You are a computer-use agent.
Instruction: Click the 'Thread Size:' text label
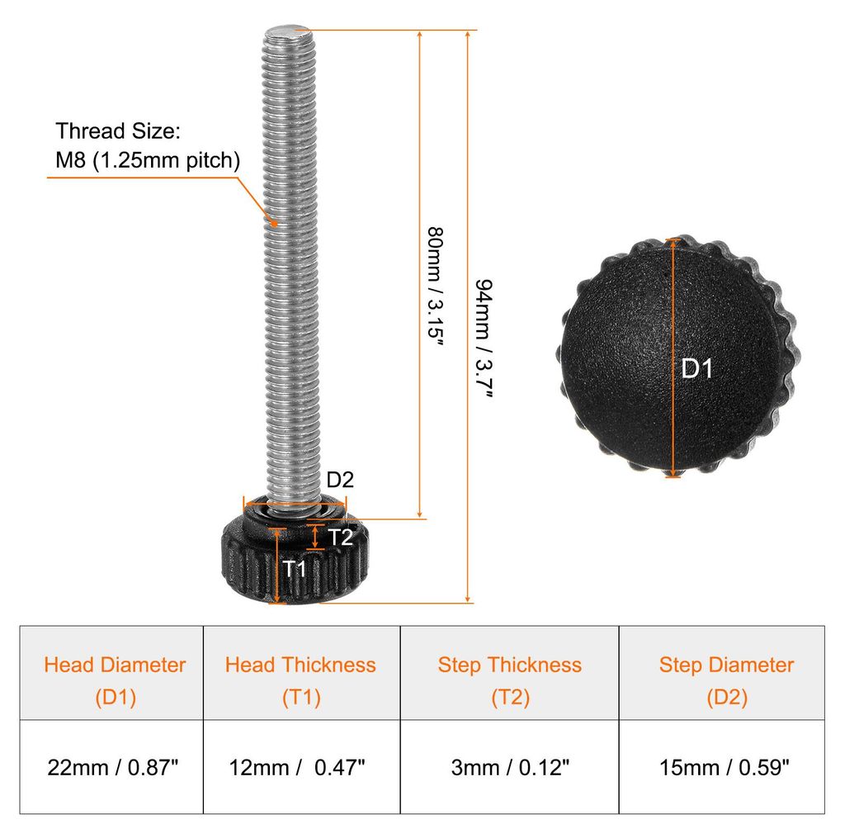[x=118, y=131]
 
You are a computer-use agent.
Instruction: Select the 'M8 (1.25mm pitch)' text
[x=148, y=160]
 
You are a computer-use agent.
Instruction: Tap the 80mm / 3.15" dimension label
[x=435, y=286]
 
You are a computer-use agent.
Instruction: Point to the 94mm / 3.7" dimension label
[x=484, y=338]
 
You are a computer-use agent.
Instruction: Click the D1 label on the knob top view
[x=696, y=369]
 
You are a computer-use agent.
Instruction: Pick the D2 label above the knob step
[x=340, y=480]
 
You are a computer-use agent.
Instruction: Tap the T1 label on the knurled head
[x=295, y=568]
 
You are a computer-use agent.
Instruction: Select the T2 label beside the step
[x=340, y=537]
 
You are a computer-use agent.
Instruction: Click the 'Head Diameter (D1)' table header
[x=115, y=680]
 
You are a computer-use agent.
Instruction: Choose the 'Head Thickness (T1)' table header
[x=300, y=680]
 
